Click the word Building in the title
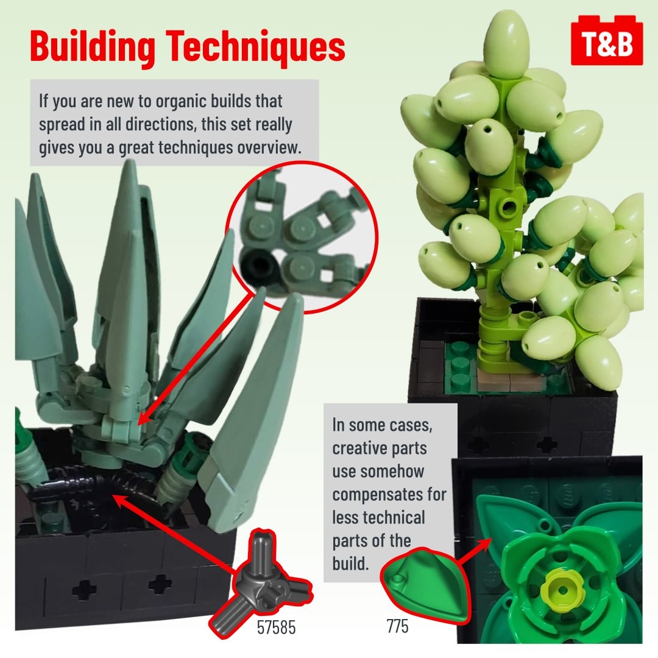point(93,47)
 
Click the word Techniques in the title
point(255,46)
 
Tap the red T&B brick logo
point(607,41)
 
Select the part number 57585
point(276,628)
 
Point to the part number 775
point(397,626)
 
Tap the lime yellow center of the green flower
point(562,590)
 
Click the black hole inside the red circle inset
point(260,265)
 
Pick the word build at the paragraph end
point(350,564)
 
